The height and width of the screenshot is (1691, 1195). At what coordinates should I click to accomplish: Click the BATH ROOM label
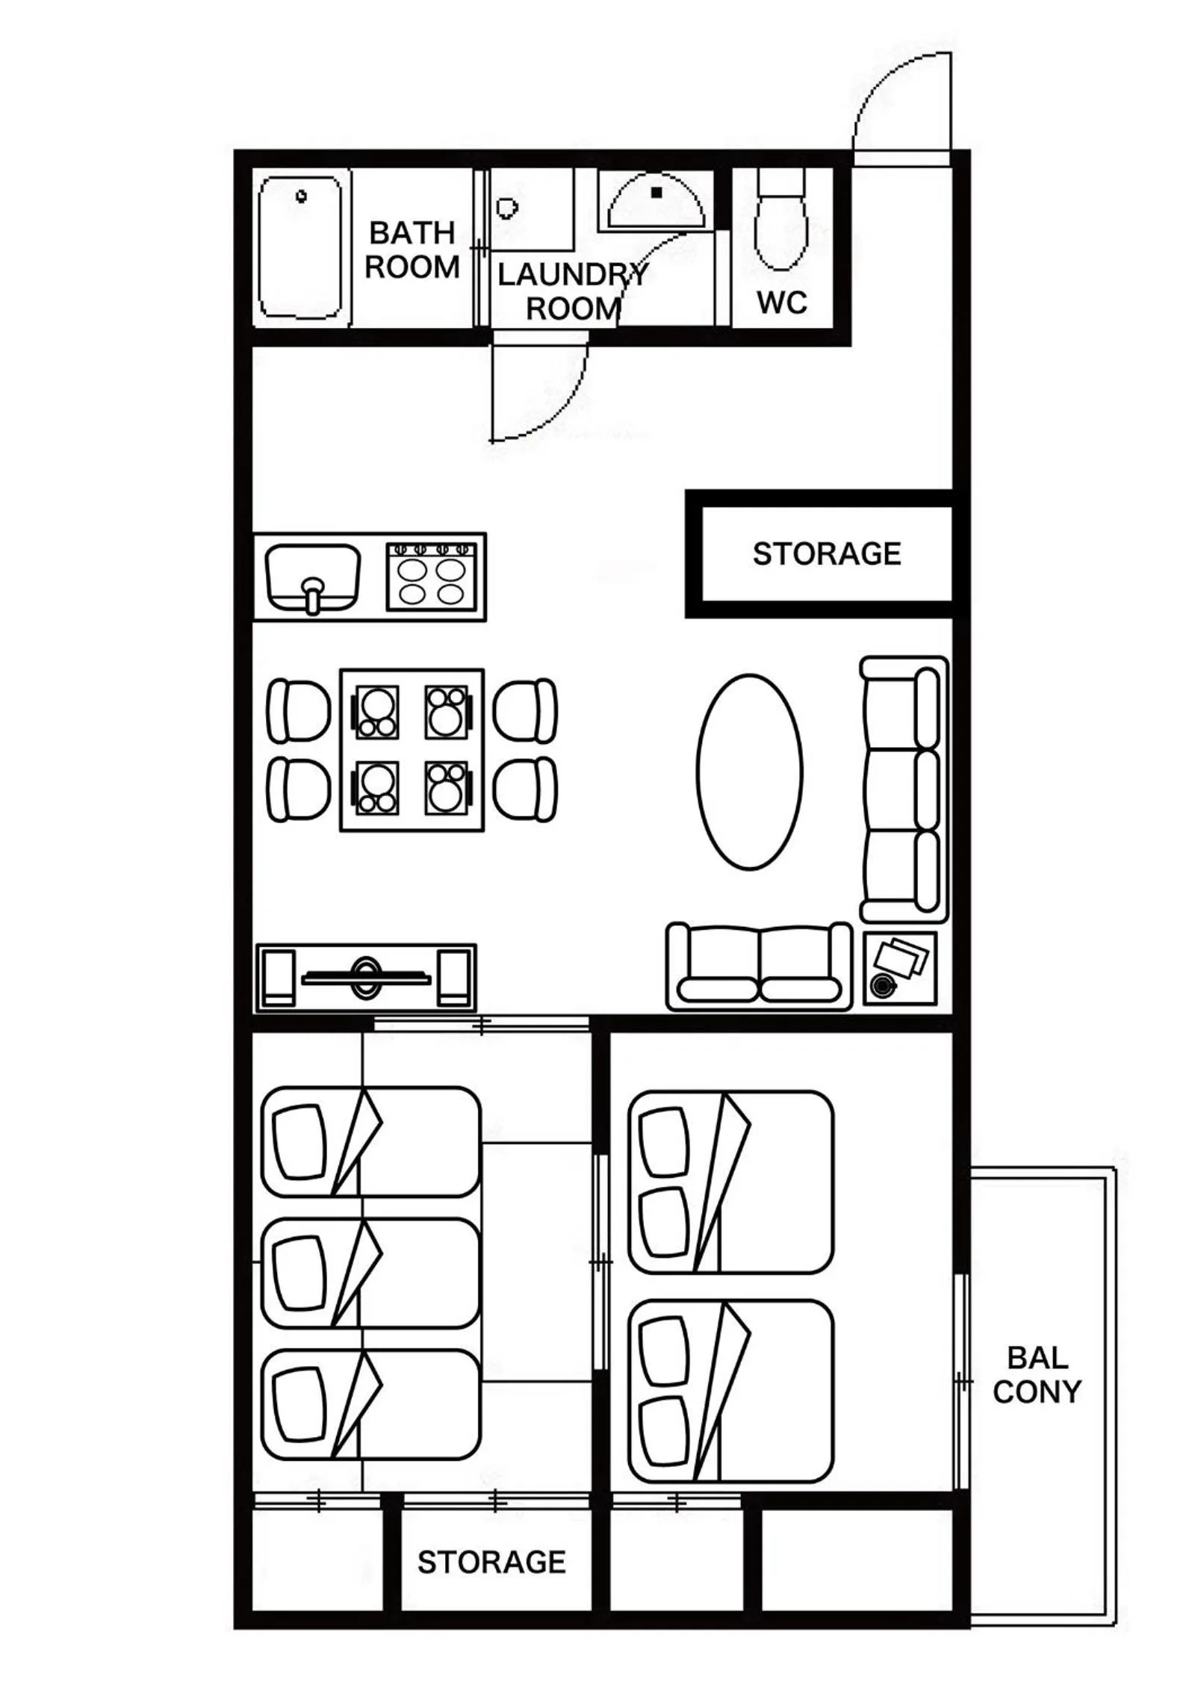(412, 250)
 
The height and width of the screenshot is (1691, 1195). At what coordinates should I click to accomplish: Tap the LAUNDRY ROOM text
(573, 291)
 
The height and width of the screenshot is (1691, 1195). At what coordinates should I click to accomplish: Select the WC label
(781, 302)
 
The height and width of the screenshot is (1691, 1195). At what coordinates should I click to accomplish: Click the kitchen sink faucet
(313, 595)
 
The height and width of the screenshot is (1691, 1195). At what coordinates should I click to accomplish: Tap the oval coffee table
(749, 772)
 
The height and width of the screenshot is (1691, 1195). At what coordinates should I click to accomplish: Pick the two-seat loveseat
(759, 966)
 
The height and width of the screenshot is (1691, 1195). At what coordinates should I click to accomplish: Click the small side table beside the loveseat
(900, 968)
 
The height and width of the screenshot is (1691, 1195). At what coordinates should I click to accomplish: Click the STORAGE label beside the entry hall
(827, 554)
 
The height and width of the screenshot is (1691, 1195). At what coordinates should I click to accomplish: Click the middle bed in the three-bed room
(370, 1274)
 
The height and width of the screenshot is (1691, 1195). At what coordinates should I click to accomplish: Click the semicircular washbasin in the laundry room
(656, 202)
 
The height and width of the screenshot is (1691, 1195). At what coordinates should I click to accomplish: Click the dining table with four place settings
(412, 750)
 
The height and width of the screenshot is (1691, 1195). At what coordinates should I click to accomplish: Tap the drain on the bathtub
(301, 197)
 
